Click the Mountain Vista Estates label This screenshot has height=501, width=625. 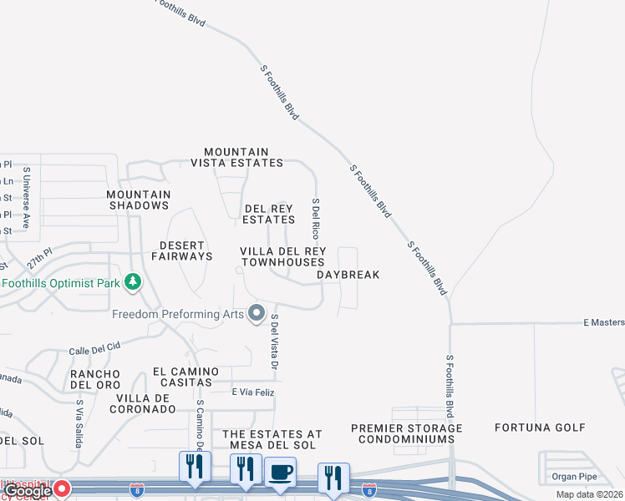236,157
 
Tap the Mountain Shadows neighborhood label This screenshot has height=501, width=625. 139,200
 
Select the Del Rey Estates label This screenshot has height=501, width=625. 268,214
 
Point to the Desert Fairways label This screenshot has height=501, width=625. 182,250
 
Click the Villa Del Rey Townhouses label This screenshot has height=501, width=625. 282,256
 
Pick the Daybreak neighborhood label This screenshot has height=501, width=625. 348,275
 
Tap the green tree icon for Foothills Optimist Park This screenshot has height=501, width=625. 132,281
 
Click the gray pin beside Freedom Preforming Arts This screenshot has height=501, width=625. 256,314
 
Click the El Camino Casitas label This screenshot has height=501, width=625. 185,377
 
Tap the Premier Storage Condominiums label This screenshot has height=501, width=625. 406,433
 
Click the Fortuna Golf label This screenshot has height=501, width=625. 540,428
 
